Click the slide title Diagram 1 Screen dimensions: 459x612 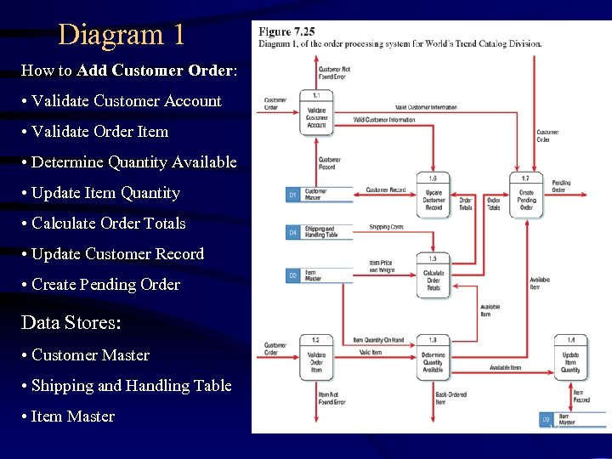(121, 35)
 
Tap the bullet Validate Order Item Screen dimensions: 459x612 (99, 132)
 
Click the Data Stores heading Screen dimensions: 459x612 (71, 323)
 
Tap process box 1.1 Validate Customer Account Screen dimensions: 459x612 (315, 114)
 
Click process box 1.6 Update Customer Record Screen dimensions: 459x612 (433, 195)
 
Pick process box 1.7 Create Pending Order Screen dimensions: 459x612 (526, 195)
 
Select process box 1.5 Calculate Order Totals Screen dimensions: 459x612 (433, 275)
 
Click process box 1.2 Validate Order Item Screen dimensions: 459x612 (315, 358)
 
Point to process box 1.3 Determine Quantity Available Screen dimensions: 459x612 (433, 358)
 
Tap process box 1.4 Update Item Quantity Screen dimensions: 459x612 (570, 358)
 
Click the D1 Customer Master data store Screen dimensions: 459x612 (319, 195)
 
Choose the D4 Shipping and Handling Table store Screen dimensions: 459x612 (319, 231)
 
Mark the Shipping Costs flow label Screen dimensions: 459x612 (386, 227)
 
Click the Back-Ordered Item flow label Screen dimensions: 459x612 (451, 399)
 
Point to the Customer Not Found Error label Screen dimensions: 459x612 (334, 71)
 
